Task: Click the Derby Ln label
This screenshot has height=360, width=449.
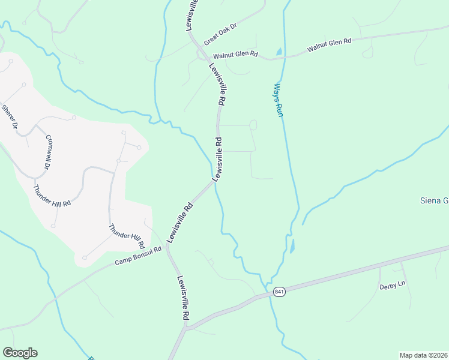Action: [393, 287]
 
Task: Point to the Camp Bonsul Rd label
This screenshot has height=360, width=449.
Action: [139, 256]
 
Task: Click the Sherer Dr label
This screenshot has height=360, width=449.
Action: [10, 119]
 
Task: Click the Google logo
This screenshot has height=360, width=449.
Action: [20, 353]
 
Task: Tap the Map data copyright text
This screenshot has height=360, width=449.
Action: [423, 355]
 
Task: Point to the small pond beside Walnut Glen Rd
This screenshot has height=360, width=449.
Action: [279, 52]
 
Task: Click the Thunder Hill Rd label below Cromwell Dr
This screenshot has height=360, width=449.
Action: [52, 196]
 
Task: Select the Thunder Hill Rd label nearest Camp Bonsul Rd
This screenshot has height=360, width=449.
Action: [127, 236]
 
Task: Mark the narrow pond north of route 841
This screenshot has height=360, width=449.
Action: [292, 245]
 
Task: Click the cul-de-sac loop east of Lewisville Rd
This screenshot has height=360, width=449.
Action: [253, 125]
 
